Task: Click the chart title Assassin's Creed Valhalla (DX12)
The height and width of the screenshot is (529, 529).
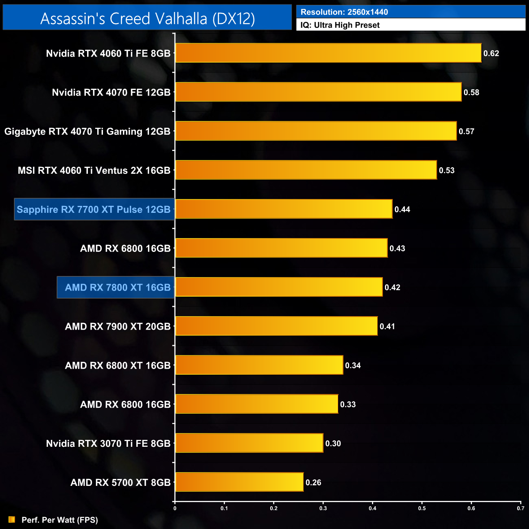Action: point(147,18)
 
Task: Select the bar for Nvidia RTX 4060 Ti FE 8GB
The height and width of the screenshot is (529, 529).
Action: point(328,53)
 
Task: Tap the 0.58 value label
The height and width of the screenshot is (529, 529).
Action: point(471,92)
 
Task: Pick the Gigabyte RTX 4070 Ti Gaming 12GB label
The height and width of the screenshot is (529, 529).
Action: point(87,131)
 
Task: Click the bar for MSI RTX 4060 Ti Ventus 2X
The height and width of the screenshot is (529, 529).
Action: point(306,170)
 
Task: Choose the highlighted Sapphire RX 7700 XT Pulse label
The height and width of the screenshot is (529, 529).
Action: point(94,210)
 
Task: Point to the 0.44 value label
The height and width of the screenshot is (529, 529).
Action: point(402,210)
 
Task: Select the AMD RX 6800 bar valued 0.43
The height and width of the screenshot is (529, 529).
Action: point(281,248)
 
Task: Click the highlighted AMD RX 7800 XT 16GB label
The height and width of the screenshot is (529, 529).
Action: point(118,287)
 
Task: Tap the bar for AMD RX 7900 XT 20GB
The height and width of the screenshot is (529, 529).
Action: point(276,326)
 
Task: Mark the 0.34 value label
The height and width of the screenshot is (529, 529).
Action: point(353,365)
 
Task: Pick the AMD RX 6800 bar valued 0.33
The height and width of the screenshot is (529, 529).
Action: point(256,404)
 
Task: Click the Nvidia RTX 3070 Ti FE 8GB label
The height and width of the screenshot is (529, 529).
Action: point(108,444)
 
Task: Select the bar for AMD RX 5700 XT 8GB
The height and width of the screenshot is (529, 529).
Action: point(239,482)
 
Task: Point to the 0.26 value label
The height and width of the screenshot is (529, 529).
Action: point(313,483)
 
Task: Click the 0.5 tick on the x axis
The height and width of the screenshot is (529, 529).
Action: point(422,508)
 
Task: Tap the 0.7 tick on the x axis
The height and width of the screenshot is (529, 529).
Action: point(520,508)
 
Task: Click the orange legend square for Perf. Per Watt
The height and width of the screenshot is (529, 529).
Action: point(12,520)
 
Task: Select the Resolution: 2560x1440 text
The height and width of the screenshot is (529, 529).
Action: point(344,12)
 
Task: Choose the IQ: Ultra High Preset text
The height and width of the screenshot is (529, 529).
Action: point(340,25)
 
